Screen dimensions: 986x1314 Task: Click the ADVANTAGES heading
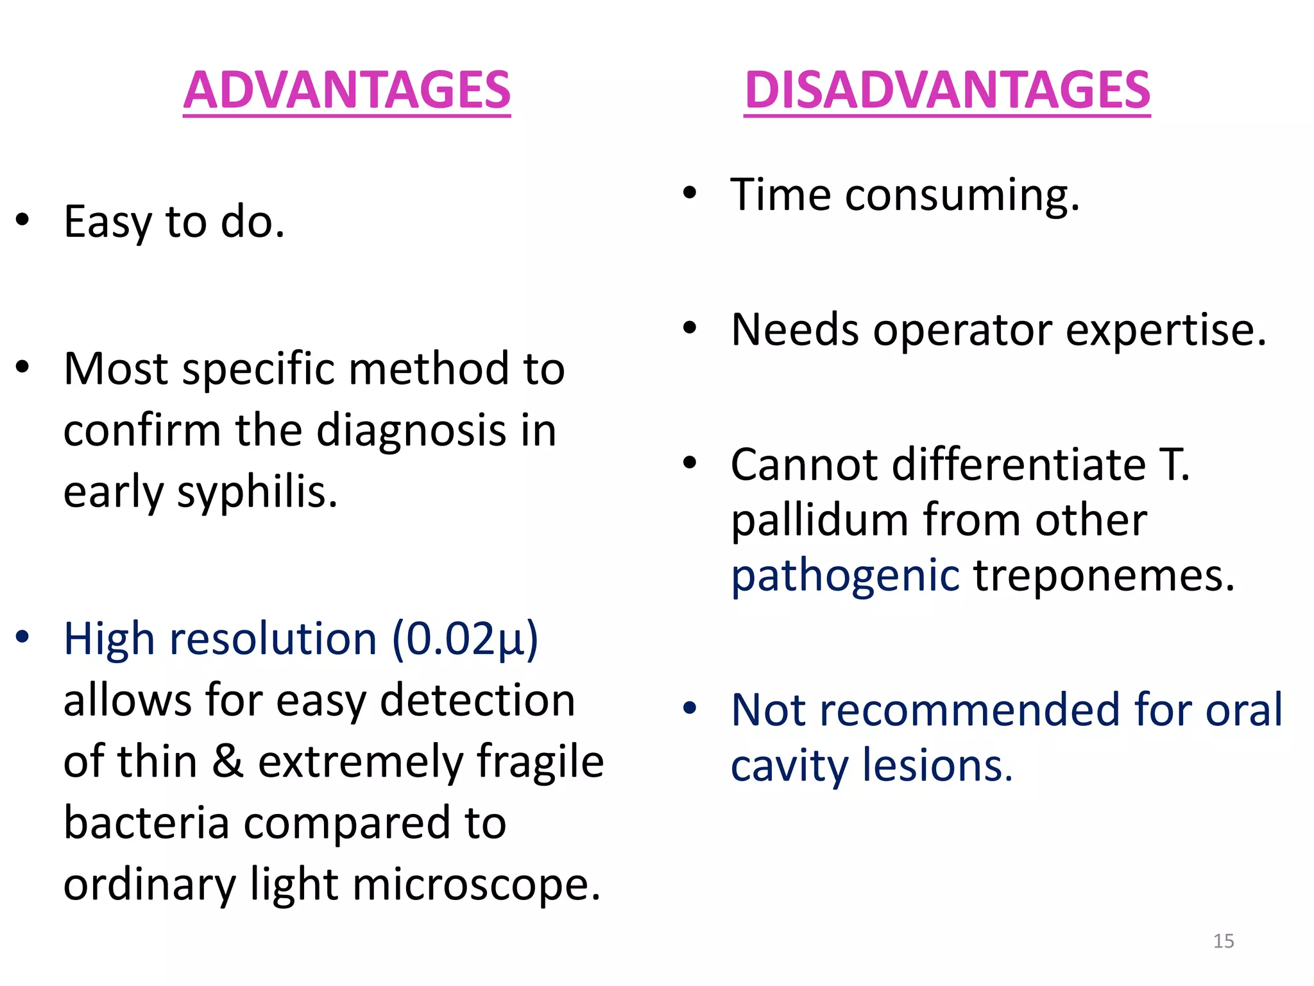pos(346,91)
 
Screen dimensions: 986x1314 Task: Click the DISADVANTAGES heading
pos(947,91)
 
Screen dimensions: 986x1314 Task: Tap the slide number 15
pos(1224,941)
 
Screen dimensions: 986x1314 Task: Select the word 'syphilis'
pos(257,493)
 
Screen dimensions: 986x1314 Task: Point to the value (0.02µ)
pos(465,639)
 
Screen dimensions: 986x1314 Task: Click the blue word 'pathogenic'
pos(845,575)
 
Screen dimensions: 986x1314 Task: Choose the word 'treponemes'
pos(1104,575)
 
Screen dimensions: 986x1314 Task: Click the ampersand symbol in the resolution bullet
pos(228,761)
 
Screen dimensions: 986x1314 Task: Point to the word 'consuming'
pos(962,195)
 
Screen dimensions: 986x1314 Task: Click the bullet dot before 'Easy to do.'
pos(23,220)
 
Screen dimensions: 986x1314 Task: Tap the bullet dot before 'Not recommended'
pos(690,708)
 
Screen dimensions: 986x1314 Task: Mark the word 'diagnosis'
pos(411,430)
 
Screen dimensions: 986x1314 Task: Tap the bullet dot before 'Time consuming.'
pos(690,193)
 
